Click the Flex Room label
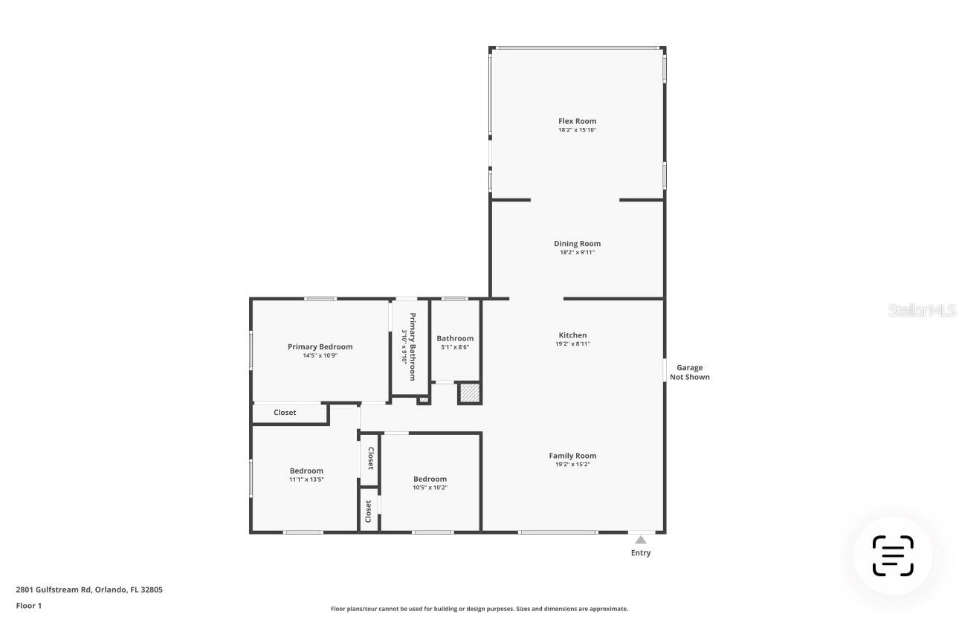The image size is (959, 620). coord(577,121)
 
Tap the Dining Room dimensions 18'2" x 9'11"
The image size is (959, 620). coord(577,253)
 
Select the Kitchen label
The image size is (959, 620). coord(572,335)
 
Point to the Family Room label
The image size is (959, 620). coord(572,456)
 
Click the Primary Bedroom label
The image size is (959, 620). coord(320,346)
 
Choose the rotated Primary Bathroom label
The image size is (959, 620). coord(411,346)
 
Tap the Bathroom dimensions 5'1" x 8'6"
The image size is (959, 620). coord(454,347)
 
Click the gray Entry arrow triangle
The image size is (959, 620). coord(640,540)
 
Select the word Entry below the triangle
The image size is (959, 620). coord(640,553)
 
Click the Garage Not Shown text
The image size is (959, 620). coord(689,372)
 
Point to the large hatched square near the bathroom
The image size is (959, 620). coord(469,393)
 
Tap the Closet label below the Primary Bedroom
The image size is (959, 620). coord(285,413)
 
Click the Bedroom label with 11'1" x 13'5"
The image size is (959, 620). coord(306,471)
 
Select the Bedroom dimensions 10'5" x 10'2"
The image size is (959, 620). coord(430,488)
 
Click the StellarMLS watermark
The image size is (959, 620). coord(922,310)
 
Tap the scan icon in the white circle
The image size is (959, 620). coord(892,556)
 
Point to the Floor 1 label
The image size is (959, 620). coord(29,606)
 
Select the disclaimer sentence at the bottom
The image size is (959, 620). coord(479,609)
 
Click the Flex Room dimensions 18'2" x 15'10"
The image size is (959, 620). coord(577,130)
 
